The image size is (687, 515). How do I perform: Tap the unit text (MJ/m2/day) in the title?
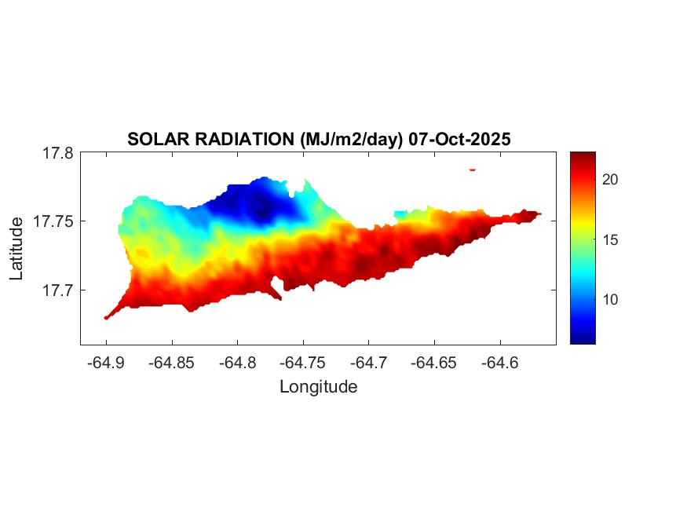350,140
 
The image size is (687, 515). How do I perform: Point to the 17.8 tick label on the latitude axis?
57,154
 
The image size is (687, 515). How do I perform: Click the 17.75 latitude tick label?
53,221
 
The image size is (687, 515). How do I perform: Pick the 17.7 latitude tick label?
57,290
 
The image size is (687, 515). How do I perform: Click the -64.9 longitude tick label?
107,362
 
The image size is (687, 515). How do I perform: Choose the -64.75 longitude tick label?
304,362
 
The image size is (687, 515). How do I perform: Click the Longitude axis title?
319,387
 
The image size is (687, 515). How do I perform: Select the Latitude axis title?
18,249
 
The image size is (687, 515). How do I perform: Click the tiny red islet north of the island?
473,169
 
